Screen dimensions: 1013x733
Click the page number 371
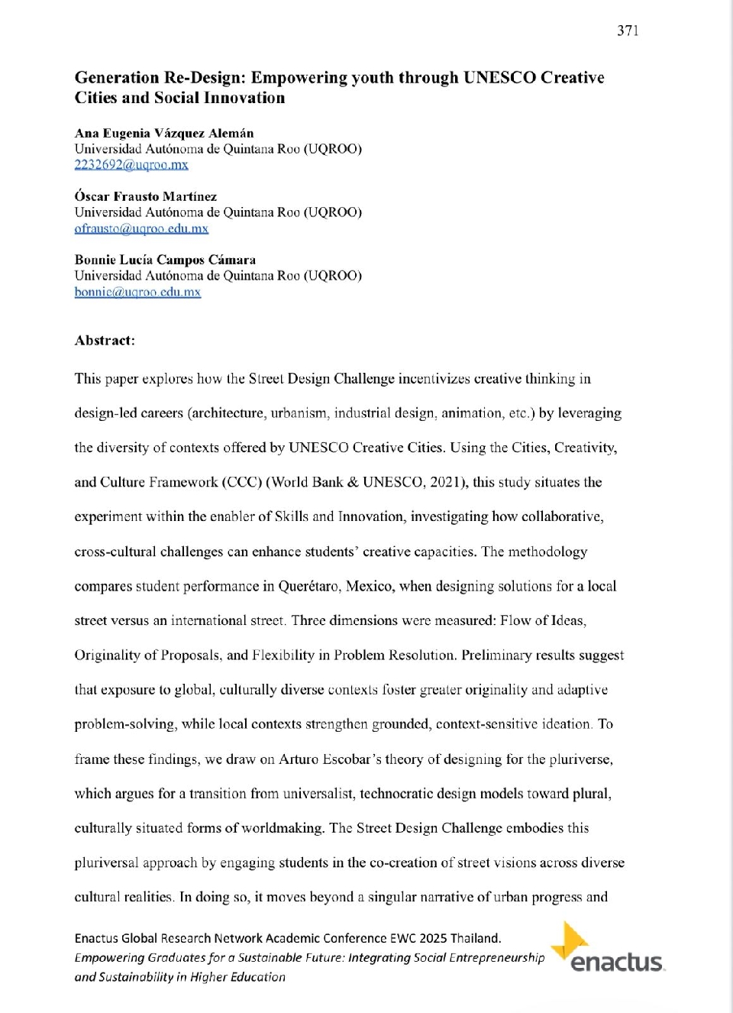(x=628, y=31)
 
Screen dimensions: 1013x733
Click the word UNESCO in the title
(x=499, y=78)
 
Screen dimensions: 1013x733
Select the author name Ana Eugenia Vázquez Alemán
(x=164, y=133)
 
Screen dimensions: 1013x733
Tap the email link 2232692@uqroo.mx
(x=131, y=165)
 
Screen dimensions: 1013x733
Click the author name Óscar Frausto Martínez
(x=146, y=196)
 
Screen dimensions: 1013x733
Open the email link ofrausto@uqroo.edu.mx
(x=141, y=228)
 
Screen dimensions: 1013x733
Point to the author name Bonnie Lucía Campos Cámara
(x=165, y=260)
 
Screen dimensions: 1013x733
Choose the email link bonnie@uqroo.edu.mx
(x=137, y=292)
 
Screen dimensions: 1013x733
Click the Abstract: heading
(x=105, y=341)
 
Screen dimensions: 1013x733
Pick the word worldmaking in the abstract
(x=286, y=828)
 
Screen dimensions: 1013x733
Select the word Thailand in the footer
(x=475, y=938)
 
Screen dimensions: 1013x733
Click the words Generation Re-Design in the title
(x=160, y=78)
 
